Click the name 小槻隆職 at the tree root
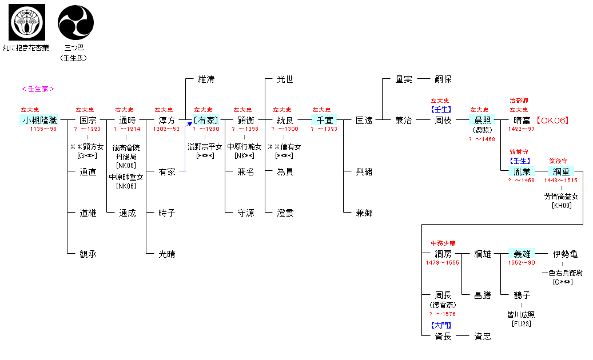[39, 120]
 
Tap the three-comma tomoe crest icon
[75, 22]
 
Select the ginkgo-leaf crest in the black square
[26, 22]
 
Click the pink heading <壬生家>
[38, 89]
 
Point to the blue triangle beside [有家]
[190, 123]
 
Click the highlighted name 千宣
[324, 121]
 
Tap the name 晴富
[522, 121]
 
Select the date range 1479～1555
[443, 263]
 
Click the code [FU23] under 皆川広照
[522, 324]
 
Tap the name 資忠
[482, 337]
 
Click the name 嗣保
[443, 79]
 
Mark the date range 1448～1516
[561, 181]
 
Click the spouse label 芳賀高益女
[561, 197]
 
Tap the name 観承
[87, 254]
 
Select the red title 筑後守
[558, 161]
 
